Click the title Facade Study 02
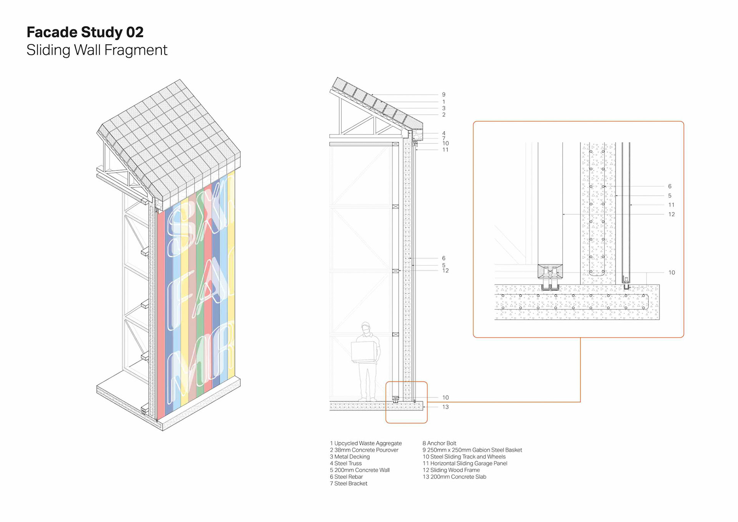click(x=85, y=32)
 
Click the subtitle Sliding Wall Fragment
click(x=97, y=50)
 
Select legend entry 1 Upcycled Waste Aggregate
click(x=366, y=443)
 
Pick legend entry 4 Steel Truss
click(x=346, y=463)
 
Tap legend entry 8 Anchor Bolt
click(x=439, y=443)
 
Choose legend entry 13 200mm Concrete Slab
click(x=454, y=477)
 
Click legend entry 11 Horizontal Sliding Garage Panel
click(x=465, y=463)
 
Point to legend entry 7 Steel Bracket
click(x=348, y=484)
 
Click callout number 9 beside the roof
click(x=444, y=95)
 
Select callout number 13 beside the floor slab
click(x=445, y=407)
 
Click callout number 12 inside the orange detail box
click(x=672, y=214)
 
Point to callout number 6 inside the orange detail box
click(x=670, y=186)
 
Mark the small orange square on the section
click(x=407, y=402)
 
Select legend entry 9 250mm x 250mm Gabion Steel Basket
click(x=472, y=450)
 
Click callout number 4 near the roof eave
click(x=444, y=133)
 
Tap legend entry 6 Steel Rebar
click(x=346, y=477)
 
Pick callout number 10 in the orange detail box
click(x=672, y=272)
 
